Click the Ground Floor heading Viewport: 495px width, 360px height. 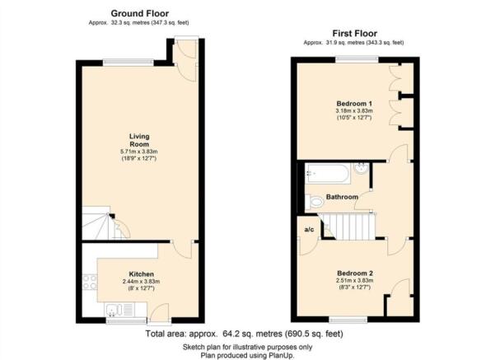pyautogui.click(x=139, y=13)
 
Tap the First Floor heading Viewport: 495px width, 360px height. pyautogui.click(x=354, y=34)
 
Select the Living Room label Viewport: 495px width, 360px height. pyautogui.click(x=139, y=140)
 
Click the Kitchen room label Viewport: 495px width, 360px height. pyautogui.click(x=142, y=274)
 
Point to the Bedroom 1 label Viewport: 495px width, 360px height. pyautogui.click(x=354, y=104)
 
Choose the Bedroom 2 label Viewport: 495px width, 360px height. pyautogui.click(x=355, y=274)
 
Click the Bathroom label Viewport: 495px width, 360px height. pyautogui.click(x=342, y=197)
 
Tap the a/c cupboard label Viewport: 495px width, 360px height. pyautogui.click(x=309, y=230)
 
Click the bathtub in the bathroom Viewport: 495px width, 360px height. pyautogui.click(x=328, y=173)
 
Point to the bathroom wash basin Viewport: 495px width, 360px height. pyautogui.click(x=361, y=168)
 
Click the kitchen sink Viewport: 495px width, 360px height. pyautogui.click(x=119, y=310)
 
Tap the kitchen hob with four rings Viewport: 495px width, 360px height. pyautogui.click(x=90, y=282)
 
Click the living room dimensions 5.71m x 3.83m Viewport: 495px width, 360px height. pyautogui.click(x=139, y=152)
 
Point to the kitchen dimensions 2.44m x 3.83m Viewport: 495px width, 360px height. pyautogui.click(x=142, y=282)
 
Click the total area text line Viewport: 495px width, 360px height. pyautogui.click(x=244, y=334)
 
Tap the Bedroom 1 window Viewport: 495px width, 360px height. pyautogui.click(x=357, y=59)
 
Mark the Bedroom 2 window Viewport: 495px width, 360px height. pyautogui.click(x=348, y=320)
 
